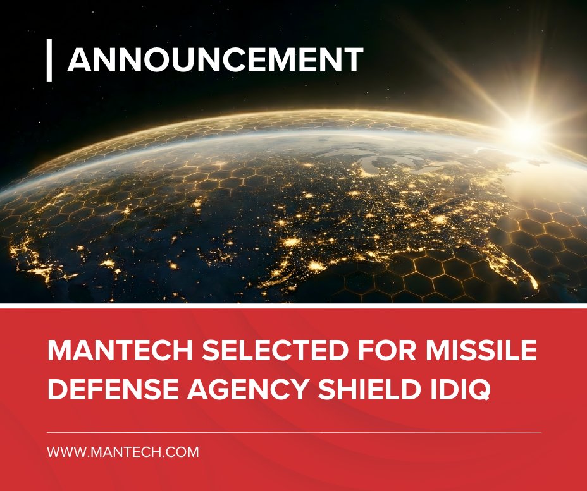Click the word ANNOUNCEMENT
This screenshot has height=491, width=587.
click(215, 61)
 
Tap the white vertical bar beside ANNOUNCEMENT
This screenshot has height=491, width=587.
click(49, 61)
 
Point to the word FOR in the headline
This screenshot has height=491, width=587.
click(340, 350)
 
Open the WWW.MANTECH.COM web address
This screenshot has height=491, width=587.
click(123, 452)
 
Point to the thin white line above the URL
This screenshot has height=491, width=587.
click(294, 433)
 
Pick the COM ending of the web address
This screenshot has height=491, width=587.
click(185, 452)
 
